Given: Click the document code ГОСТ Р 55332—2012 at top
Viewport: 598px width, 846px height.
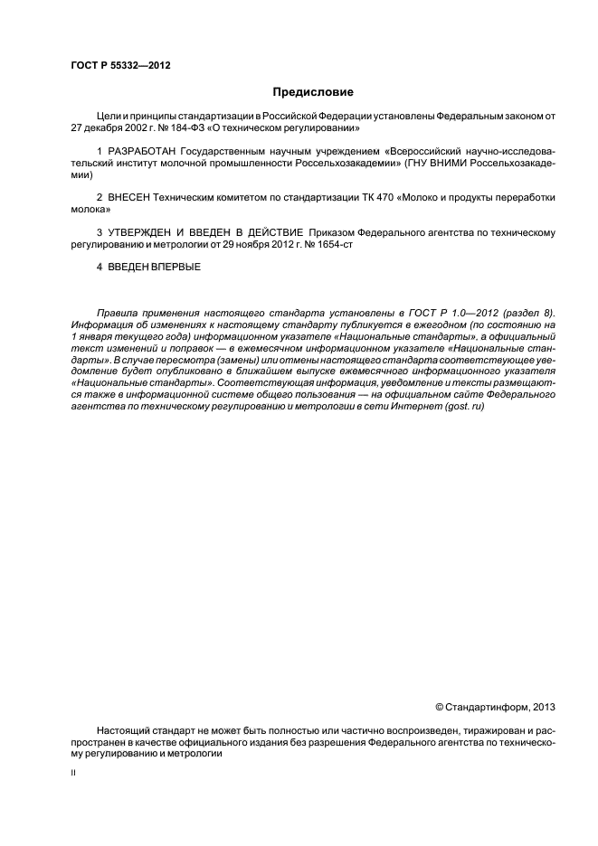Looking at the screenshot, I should pos(121,66).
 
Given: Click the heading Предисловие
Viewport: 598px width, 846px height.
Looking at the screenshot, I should pos(313,92).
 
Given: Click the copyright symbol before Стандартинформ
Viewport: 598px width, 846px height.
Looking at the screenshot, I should pos(440,706).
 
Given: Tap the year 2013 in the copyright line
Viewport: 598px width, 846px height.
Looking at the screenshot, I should pos(542,706).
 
